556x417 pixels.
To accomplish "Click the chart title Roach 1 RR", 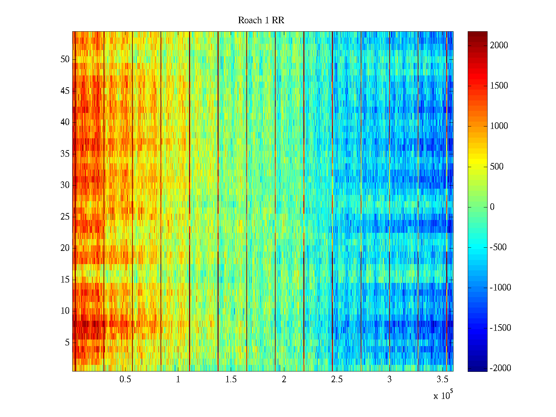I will [261, 21].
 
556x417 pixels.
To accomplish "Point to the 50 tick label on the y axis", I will [65, 59].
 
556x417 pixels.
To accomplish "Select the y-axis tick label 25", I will [65, 217].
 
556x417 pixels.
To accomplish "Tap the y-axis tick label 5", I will [67, 343].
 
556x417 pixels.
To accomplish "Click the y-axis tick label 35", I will [65, 154].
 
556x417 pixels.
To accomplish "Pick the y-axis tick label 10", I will [65, 311].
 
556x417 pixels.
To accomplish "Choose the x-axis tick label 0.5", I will [125, 379].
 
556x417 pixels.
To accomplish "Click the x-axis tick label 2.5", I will [337, 379].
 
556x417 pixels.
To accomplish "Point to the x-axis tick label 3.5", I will [442, 379].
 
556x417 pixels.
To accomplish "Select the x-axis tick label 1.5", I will [231, 379].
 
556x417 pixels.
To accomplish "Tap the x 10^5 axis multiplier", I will [443, 395].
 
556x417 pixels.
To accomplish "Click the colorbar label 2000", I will [499, 46].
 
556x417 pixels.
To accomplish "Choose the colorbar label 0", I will [492, 207].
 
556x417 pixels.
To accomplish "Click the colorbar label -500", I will [498, 247].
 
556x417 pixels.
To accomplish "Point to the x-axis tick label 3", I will [390, 379].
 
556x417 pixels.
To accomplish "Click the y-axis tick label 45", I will [65, 91].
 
